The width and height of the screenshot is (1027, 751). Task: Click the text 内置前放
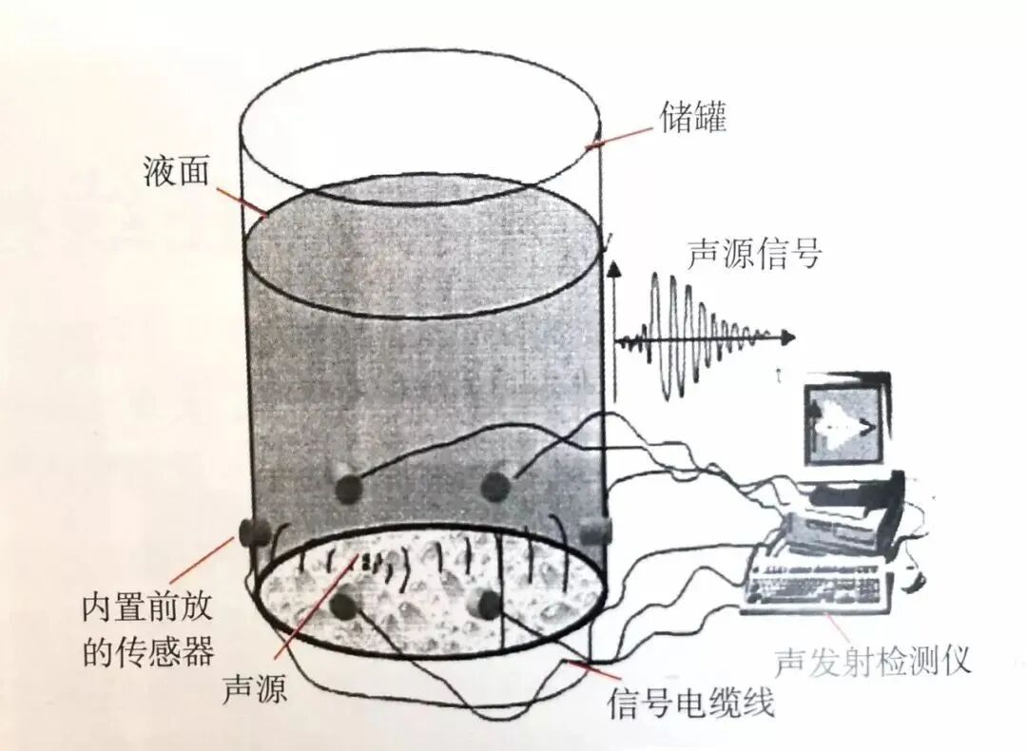click(x=146, y=607)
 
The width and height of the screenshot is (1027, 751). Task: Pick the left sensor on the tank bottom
click(x=344, y=603)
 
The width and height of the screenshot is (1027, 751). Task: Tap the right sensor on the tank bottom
click(x=486, y=602)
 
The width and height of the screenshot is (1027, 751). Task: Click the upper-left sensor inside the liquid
click(x=348, y=487)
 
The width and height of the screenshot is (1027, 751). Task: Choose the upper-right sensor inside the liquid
click(x=494, y=486)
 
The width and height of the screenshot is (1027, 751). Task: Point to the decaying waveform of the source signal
click(x=699, y=332)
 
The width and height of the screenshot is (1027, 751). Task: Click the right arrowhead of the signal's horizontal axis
click(x=788, y=337)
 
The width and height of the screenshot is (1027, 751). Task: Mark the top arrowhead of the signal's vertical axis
click(x=615, y=270)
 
